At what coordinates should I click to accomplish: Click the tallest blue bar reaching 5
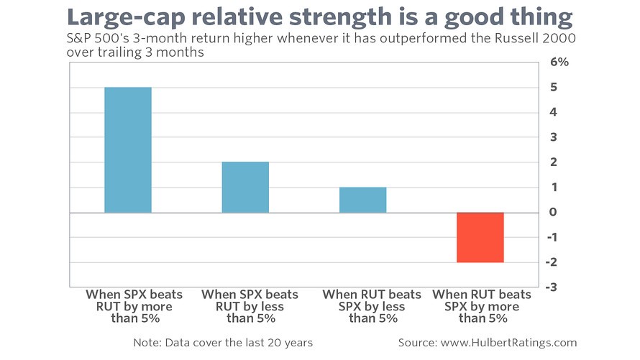click(128, 149)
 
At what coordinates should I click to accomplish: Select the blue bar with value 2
click(245, 187)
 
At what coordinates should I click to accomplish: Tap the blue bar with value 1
click(363, 200)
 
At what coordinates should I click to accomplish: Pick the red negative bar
click(480, 237)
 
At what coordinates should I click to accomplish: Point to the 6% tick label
click(559, 62)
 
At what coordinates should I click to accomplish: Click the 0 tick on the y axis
click(553, 212)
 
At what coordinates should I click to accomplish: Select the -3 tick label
click(551, 287)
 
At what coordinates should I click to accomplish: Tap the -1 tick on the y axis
click(552, 237)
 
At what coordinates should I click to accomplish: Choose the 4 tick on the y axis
click(553, 111)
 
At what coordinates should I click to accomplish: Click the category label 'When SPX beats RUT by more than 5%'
click(134, 306)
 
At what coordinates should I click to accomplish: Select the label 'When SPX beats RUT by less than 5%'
click(250, 306)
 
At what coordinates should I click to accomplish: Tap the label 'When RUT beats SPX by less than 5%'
click(372, 306)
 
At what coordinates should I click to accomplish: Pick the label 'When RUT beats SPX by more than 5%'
click(482, 306)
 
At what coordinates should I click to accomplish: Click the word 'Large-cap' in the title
click(126, 18)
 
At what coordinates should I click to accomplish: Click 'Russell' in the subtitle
click(517, 38)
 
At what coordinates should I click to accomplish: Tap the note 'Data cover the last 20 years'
click(239, 343)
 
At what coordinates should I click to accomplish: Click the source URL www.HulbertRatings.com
click(509, 343)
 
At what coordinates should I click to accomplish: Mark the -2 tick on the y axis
click(552, 262)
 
